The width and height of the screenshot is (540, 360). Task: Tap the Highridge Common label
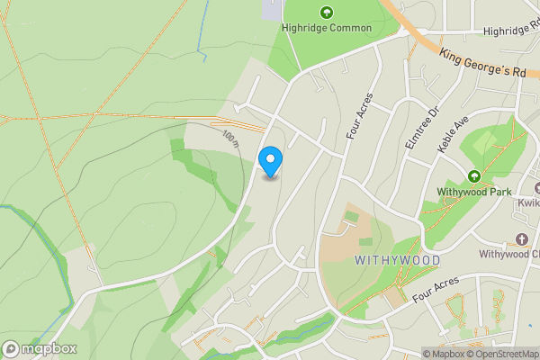tap(326, 28)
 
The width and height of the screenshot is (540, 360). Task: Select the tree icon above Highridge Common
tap(326, 13)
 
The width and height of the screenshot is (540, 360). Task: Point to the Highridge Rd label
tap(510, 31)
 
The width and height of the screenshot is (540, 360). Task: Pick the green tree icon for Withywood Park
tap(473, 175)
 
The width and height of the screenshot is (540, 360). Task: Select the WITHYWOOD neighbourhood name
tap(397, 260)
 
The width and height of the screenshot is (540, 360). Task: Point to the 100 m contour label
tap(231, 138)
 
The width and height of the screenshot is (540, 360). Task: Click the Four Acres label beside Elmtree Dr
tap(358, 125)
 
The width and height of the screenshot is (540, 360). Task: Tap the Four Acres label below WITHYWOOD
tap(436, 290)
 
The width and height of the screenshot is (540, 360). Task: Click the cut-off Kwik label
tap(527, 203)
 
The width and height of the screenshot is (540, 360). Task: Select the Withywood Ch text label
tap(508, 254)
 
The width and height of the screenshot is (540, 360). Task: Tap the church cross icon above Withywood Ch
tap(521, 238)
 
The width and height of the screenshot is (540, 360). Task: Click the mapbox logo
tap(40, 348)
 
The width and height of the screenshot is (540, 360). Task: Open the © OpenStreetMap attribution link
tap(502, 354)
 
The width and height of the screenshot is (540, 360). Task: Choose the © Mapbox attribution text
tap(443, 354)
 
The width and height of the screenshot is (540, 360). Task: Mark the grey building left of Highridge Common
tap(271, 10)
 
